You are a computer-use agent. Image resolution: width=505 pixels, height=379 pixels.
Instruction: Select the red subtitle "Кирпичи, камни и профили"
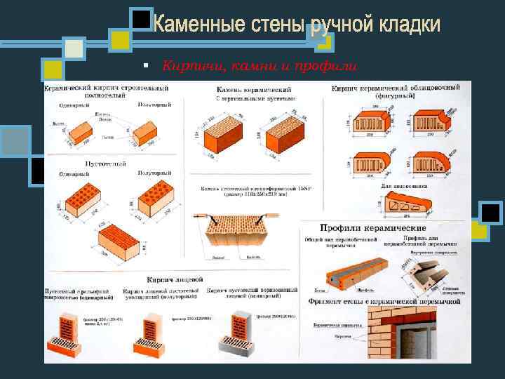260,66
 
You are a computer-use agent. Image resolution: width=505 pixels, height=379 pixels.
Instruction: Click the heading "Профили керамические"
372,228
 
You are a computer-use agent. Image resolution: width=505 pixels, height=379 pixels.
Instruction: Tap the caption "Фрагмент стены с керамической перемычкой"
384,301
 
